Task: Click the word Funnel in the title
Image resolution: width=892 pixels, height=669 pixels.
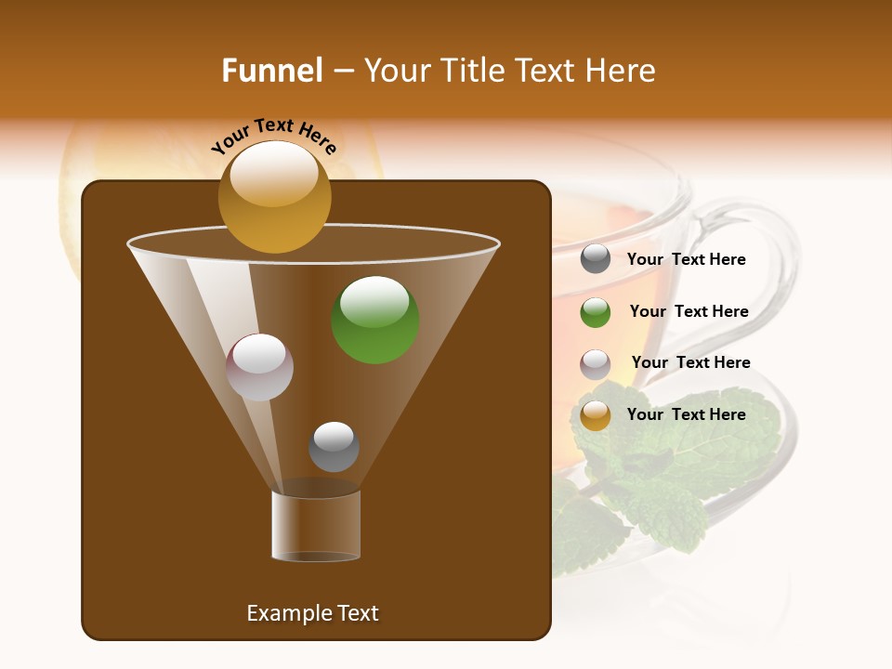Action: coord(271,71)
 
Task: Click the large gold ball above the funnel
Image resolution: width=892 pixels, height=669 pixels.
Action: coord(274,197)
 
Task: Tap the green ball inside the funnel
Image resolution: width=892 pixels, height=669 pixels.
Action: coord(375,320)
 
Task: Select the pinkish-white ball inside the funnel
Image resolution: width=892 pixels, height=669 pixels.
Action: coord(260,367)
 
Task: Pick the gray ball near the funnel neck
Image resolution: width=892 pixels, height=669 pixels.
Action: coord(334,447)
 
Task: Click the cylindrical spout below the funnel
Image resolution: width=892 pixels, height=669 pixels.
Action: coord(316,526)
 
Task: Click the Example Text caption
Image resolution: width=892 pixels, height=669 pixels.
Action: coord(312,613)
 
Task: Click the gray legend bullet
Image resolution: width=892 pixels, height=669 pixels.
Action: coord(596,259)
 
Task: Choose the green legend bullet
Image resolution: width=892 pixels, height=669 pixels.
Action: coord(596,312)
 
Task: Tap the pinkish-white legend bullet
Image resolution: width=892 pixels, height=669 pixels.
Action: coord(596,364)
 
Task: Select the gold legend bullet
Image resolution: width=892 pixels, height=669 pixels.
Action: coord(596,415)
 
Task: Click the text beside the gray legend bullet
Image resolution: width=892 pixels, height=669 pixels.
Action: coord(686,260)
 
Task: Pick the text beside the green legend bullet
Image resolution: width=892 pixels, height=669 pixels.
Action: coord(689,312)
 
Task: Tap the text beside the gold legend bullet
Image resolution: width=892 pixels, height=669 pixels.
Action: coord(686,414)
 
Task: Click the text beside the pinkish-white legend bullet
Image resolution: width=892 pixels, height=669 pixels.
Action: coord(690,363)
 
